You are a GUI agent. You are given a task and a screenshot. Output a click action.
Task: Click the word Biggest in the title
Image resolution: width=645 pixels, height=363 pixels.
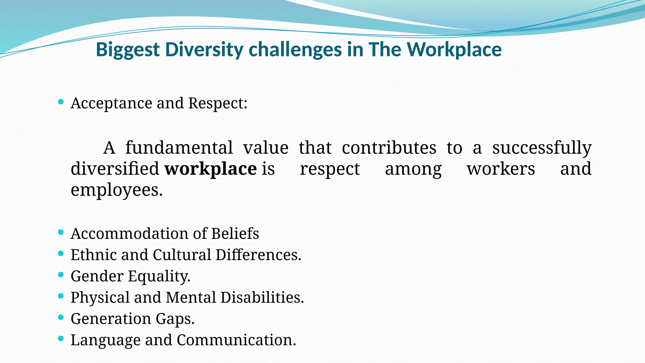tap(128, 50)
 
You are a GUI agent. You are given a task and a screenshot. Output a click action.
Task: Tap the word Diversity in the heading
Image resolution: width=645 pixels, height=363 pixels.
tap(204, 50)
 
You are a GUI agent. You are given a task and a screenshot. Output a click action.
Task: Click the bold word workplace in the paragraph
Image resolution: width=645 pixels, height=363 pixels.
tap(211, 169)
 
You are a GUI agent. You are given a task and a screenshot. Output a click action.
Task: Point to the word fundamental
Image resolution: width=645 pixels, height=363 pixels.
tap(179, 147)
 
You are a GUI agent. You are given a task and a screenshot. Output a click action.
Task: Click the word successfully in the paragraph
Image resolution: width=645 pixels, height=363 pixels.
tap(542, 147)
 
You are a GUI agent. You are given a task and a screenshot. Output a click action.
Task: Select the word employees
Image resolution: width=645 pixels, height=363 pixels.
tap(117, 190)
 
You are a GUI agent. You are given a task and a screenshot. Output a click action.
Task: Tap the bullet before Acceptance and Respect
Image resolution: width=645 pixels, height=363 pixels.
tap(61, 101)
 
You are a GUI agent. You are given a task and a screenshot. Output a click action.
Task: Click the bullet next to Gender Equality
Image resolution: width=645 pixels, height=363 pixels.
tap(61, 274)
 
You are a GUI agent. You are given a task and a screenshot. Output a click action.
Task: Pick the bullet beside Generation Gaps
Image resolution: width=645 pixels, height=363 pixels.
tap(61, 317)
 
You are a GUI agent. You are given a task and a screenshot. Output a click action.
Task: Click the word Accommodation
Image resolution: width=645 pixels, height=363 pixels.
tap(129, 233)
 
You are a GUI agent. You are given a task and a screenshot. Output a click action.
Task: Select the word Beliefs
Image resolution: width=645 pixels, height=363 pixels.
tap(235, 233)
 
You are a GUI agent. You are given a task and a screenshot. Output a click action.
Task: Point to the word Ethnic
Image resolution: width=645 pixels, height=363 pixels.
tap(94, 255)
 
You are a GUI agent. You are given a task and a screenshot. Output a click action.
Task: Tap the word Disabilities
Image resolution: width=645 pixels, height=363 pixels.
tap(262, 297)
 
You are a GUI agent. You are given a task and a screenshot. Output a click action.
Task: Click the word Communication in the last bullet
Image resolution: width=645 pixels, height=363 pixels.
tap(236, 340)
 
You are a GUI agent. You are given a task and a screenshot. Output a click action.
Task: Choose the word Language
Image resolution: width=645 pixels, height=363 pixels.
tap(105, 340)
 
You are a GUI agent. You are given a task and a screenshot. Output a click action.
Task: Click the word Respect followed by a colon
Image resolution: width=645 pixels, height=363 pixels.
tap(218, 103)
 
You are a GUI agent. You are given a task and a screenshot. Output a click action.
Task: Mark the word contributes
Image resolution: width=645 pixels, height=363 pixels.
tap(389, 147)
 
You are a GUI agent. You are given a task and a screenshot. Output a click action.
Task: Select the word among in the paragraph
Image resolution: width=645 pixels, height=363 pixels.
tap(413, 169)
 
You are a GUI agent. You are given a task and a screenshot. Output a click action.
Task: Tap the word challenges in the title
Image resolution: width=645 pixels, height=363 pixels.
tap(295, 50)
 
